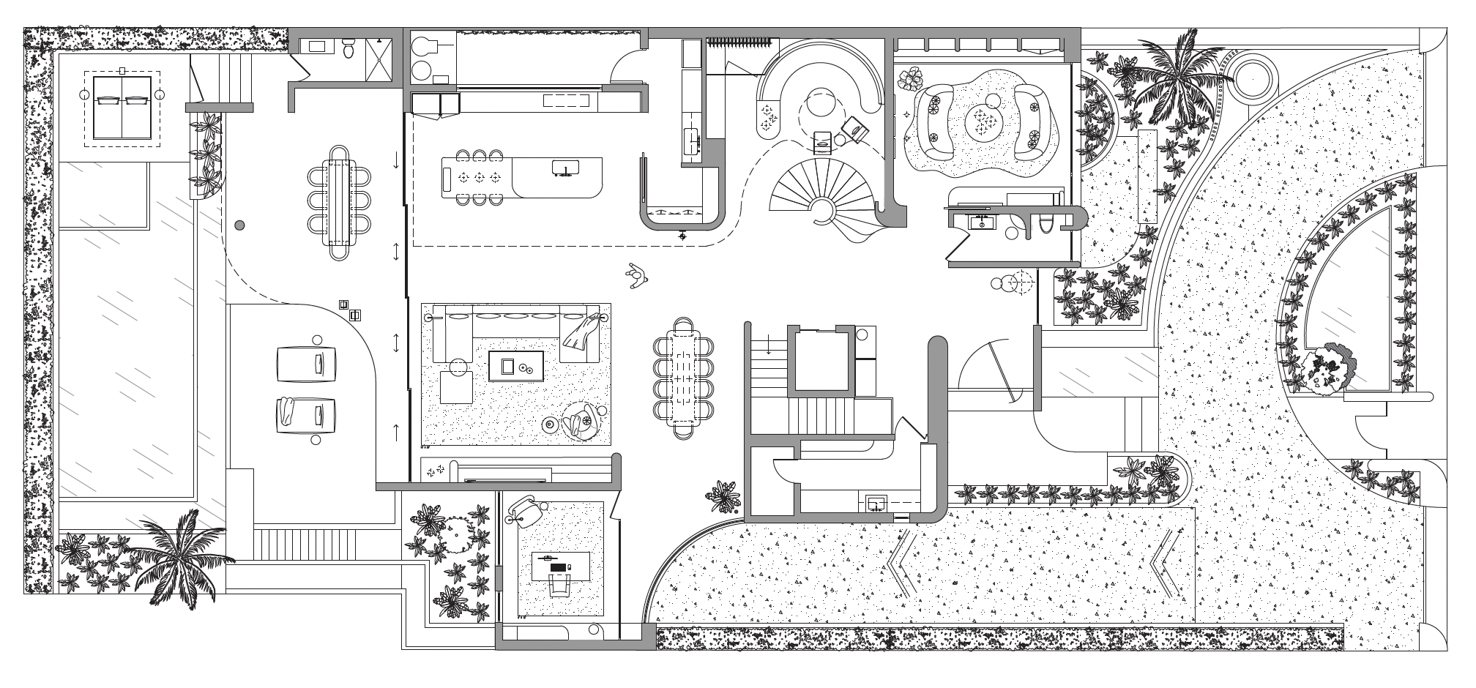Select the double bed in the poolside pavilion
pos(122,108)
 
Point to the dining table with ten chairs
pos(683,378)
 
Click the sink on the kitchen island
pos(564,168)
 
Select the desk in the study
pos(560,565)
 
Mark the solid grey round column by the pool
pos(239,225)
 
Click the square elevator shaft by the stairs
pos(821,361)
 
